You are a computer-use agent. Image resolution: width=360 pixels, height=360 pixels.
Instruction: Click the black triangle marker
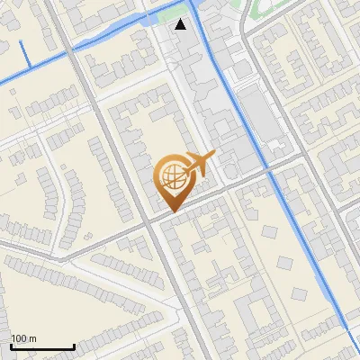[x=182, y=24]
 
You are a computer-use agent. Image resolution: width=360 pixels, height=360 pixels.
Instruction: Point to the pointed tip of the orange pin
[x=170, y=210]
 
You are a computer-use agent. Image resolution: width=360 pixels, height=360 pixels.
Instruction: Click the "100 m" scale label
[x=23, y=338]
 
